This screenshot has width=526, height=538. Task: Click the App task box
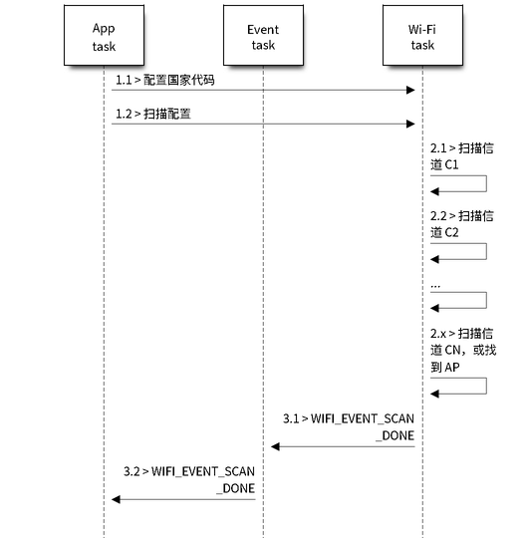tap(104, 35)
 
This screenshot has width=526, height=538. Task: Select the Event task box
tap(263, 35)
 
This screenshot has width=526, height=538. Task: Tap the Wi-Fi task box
tap(422, 35)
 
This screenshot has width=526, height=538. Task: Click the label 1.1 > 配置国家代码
tap(165, 80)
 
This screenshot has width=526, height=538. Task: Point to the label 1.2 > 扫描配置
tap(153, 114)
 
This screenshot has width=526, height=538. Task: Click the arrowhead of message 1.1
tap(410, 91)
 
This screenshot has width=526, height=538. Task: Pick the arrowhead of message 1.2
tap(410, 124)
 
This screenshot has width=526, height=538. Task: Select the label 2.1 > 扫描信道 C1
tap(462, 156)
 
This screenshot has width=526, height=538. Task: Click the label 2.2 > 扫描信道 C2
tap(462, 224)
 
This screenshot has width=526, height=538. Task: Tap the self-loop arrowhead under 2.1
tap(434, 191)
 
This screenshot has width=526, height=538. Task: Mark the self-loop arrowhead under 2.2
tap(434, 259)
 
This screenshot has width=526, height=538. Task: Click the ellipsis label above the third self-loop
tap(435, 286)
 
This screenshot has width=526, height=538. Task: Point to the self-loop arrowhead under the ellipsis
tap(434, 308)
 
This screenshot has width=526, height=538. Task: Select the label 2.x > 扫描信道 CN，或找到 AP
tap(463, 350)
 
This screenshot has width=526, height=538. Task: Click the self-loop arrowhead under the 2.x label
tap(434, 394)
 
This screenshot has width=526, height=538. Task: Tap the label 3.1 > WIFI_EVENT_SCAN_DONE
tap(349, 426)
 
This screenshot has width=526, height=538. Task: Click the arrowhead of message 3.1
tap(275, 446)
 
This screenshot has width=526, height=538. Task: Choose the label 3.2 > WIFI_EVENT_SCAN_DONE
tap(189, 479)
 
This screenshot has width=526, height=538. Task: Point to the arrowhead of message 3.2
tap(116, 499)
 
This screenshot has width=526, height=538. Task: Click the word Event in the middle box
tap(263, 30)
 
